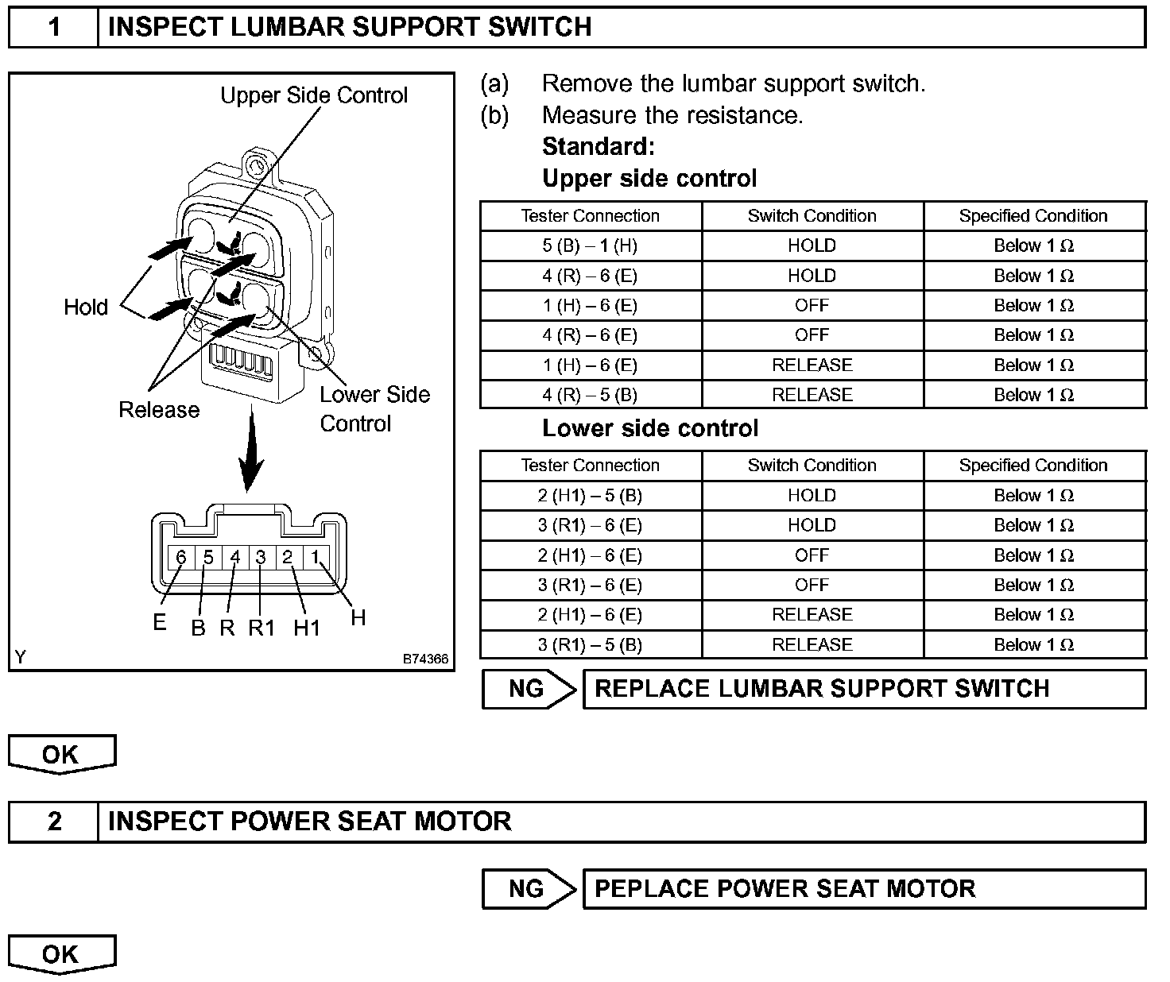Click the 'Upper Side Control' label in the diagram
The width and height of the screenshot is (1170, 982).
(313, 95)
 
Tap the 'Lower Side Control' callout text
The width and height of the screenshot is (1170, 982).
(374, 408)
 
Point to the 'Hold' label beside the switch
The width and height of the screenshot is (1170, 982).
(86, 307)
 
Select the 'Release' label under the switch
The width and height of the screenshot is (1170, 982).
(159, 410)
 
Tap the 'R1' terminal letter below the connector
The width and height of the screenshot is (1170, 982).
(262, 628)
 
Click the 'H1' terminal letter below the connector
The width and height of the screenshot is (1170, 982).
(307, 628)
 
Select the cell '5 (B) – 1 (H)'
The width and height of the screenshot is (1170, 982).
(590, 246)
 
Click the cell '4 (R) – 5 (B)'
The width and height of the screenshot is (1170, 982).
(590, 395)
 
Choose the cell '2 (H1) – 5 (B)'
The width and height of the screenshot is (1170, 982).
(590, 496)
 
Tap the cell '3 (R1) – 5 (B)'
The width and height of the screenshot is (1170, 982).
(590, 644)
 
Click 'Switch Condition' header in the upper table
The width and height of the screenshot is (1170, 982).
(812, 216)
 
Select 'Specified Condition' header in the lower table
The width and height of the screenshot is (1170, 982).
(1033, 466)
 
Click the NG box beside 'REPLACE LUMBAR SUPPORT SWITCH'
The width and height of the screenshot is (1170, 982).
(526, 689)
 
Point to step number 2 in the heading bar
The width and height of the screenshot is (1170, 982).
(54, 821)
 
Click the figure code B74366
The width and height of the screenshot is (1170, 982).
(425, 659)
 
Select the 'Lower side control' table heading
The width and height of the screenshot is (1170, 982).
(650, 429)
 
